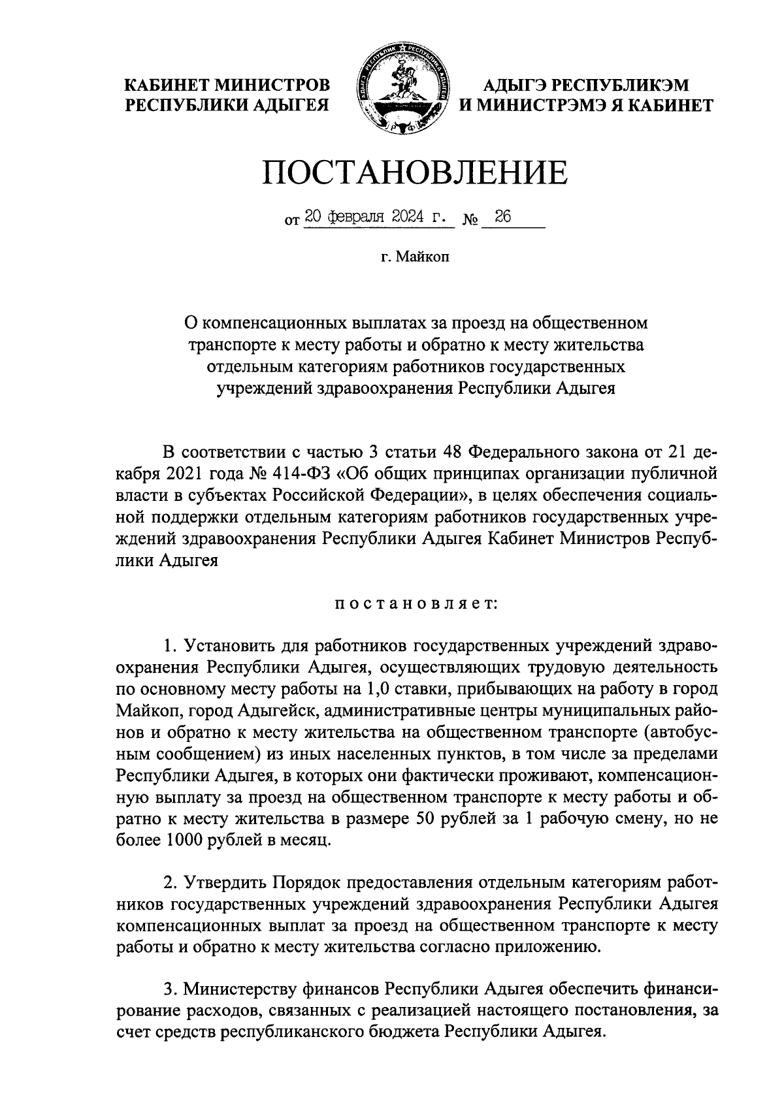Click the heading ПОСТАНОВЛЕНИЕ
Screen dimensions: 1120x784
click(x=415, y=173)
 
